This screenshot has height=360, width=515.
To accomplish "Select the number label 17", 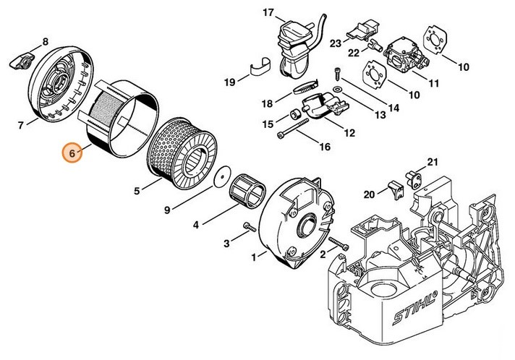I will coord(248,13).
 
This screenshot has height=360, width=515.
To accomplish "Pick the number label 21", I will coord(433,161).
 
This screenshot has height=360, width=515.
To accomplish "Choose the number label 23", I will coord(335,43).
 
